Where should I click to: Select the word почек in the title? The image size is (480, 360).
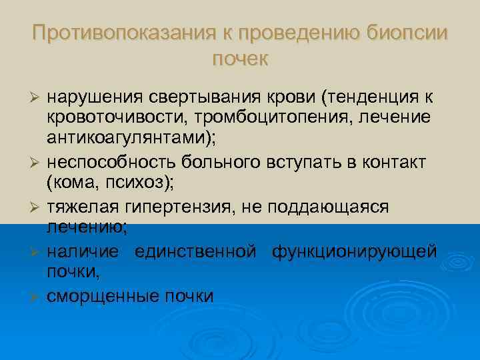pos(240,59)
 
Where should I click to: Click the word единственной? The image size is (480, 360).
pos(195,251)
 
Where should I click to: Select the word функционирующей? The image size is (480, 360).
pos(354,251)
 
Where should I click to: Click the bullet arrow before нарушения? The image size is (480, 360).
pos(38,99)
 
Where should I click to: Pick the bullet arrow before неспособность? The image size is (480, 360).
pos(38,164)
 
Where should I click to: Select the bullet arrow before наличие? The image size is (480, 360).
pos(38,252)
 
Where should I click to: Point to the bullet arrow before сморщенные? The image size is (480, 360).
pos(38,296)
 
